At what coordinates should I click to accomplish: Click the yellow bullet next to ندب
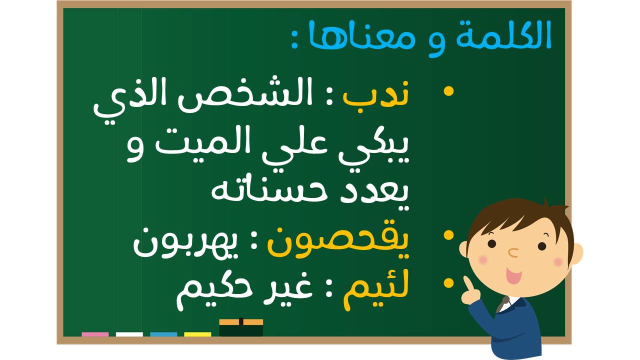coord(448,91)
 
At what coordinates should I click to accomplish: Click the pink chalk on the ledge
coord(95,334)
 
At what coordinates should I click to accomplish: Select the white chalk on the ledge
coord(129,334)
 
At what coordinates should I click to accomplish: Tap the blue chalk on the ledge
coord(163,334)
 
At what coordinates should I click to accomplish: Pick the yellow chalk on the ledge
coord(197,334)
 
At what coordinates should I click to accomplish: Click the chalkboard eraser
coord(241,327)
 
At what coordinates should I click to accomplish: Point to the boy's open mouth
coord(513,275)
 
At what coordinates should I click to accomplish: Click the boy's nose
coord(513,252)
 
